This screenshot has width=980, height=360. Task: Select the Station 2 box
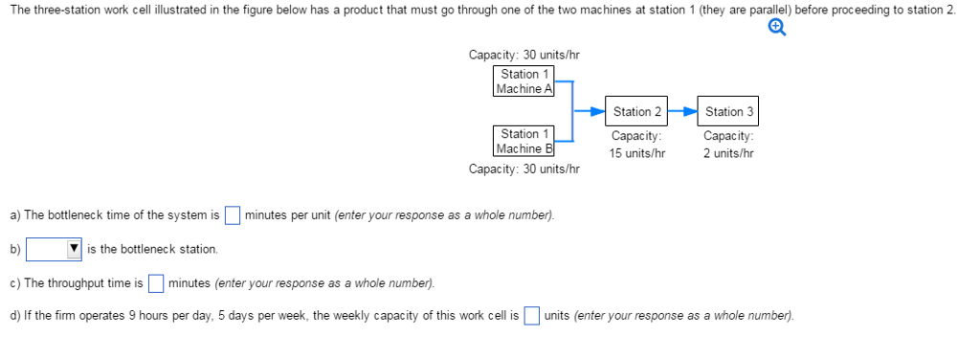click(x=637, y=112)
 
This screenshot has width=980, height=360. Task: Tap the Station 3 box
click(x=729, y=112)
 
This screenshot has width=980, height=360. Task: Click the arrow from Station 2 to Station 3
click(x=682, y=112)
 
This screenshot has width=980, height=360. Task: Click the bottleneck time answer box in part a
click(x=232, y=214)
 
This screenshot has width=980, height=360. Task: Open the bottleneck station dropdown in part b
click(x=54, y=249)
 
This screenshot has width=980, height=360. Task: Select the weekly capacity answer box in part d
click(x=531, y=316)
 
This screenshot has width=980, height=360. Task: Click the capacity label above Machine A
click(x=523, y=56)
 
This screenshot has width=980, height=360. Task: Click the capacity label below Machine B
click(x=523, y=169)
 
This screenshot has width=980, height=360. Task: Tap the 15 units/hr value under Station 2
click(x=637, y=153)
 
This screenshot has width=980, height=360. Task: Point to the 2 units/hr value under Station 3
click(x=728, y=153)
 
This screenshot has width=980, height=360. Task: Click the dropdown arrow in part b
click(x=74, y=249)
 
